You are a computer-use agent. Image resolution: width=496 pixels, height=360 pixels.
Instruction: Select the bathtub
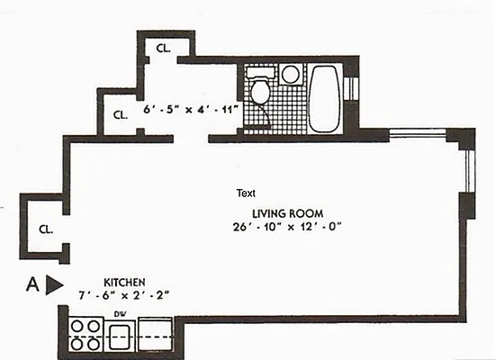click(323, 99)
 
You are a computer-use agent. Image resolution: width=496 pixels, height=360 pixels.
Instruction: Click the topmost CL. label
click(165, 49)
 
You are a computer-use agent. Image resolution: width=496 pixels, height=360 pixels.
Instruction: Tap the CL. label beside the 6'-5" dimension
click(120, 115)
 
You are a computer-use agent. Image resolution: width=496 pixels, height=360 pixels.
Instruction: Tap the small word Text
click(246, 193)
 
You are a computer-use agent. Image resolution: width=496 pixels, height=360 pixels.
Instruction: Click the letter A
click(32, 285)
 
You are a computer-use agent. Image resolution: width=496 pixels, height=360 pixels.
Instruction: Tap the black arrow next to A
click(55, 285)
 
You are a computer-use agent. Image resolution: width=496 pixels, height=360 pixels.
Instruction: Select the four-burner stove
click(86, 334)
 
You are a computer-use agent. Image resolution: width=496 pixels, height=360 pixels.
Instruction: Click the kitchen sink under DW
click(122, 337)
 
